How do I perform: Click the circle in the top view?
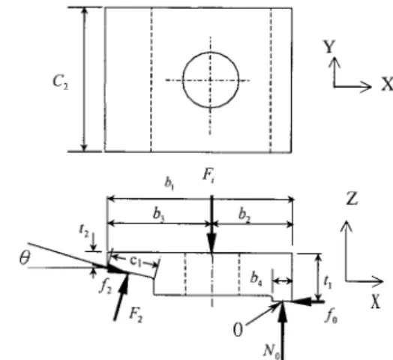click(211, 52)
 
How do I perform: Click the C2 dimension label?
click(60, 82)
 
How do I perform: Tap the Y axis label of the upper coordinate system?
click(329, 46)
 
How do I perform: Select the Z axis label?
click(352, 199)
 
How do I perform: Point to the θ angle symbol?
click(25, 258)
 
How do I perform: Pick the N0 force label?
click(271, 350)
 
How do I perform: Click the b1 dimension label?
click(169, 183)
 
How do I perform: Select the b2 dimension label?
click(244, 215)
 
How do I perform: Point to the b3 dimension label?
click(159, 214)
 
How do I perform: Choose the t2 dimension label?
click(84, 230)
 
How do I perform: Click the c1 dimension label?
click(136, 261)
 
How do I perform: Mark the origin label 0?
click(238, 329)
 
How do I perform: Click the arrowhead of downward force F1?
click(212, 243)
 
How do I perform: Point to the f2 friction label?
click(105, 286)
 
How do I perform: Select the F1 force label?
click(208, 175)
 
